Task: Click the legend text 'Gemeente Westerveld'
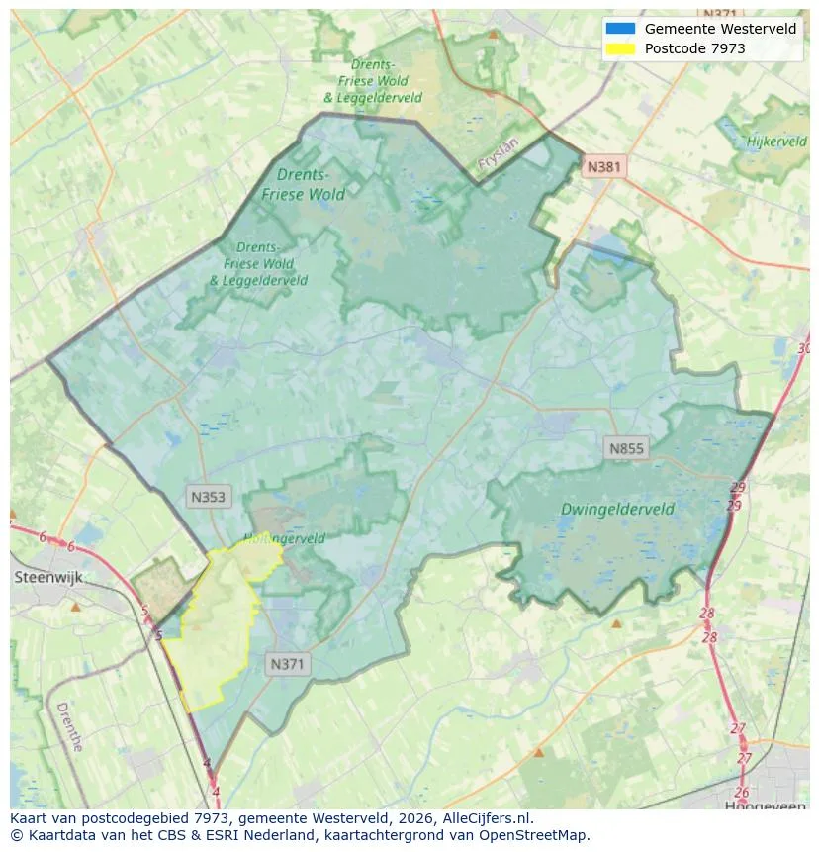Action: [720, 29]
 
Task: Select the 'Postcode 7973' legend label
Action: [694, 47]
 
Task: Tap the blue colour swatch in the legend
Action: [620, 29]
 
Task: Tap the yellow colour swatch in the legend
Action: [620, 47]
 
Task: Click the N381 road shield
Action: [603, 167]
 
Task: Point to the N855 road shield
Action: [626, 449]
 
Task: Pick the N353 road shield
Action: [208, 498]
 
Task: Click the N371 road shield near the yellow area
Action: [289, 665]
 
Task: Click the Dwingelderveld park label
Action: [617, 509]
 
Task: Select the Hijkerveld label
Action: [776, 142]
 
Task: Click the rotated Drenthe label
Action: [69, 726]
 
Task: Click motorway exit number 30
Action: [803, 348]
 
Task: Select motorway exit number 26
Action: [741, 792]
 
